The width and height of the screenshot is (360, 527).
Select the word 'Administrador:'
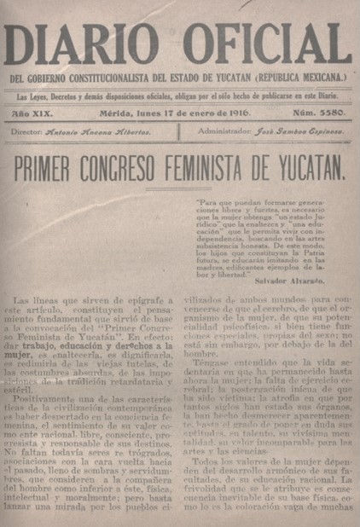pyautogui.click(x=224, y=132)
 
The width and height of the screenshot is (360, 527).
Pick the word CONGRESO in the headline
pyautogui.click(x=146, y=168)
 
